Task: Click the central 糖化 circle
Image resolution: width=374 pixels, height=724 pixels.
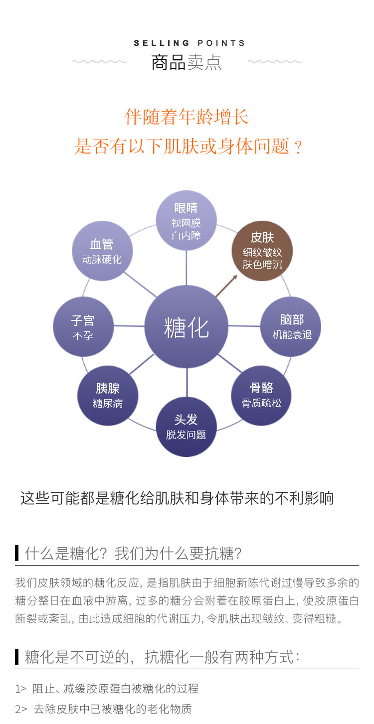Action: (186, 326)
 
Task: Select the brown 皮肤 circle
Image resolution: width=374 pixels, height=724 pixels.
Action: (262, 250)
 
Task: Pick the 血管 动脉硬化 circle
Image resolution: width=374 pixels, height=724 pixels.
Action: (102, 251)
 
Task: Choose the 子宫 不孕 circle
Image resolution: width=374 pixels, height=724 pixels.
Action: (83, 327)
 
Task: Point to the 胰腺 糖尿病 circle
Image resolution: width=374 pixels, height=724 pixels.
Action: (108, 395)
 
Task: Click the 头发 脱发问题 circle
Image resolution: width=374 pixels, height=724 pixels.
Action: (186, 427)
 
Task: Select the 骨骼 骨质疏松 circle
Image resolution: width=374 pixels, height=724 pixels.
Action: (261, 395)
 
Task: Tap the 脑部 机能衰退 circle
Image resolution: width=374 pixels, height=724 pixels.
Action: (291, 326)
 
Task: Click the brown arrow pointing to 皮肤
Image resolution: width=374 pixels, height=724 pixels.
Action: (226, 286)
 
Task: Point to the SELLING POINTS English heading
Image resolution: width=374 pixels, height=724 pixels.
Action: (189, 43)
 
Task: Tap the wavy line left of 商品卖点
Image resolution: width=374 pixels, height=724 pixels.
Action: (99, 62)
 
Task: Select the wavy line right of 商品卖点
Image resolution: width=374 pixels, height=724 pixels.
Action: (275, 62)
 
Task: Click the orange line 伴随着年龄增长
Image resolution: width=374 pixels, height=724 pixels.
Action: (187, 117)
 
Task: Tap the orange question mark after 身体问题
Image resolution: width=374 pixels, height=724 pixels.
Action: (298, 147)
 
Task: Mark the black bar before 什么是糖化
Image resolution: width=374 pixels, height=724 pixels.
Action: (17, 553)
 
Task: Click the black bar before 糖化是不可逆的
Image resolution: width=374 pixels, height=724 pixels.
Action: (17, 657)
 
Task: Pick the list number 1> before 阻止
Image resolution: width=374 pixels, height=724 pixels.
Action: (20, 689)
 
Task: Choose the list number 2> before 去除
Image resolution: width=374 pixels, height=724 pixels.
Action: (21, 709)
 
